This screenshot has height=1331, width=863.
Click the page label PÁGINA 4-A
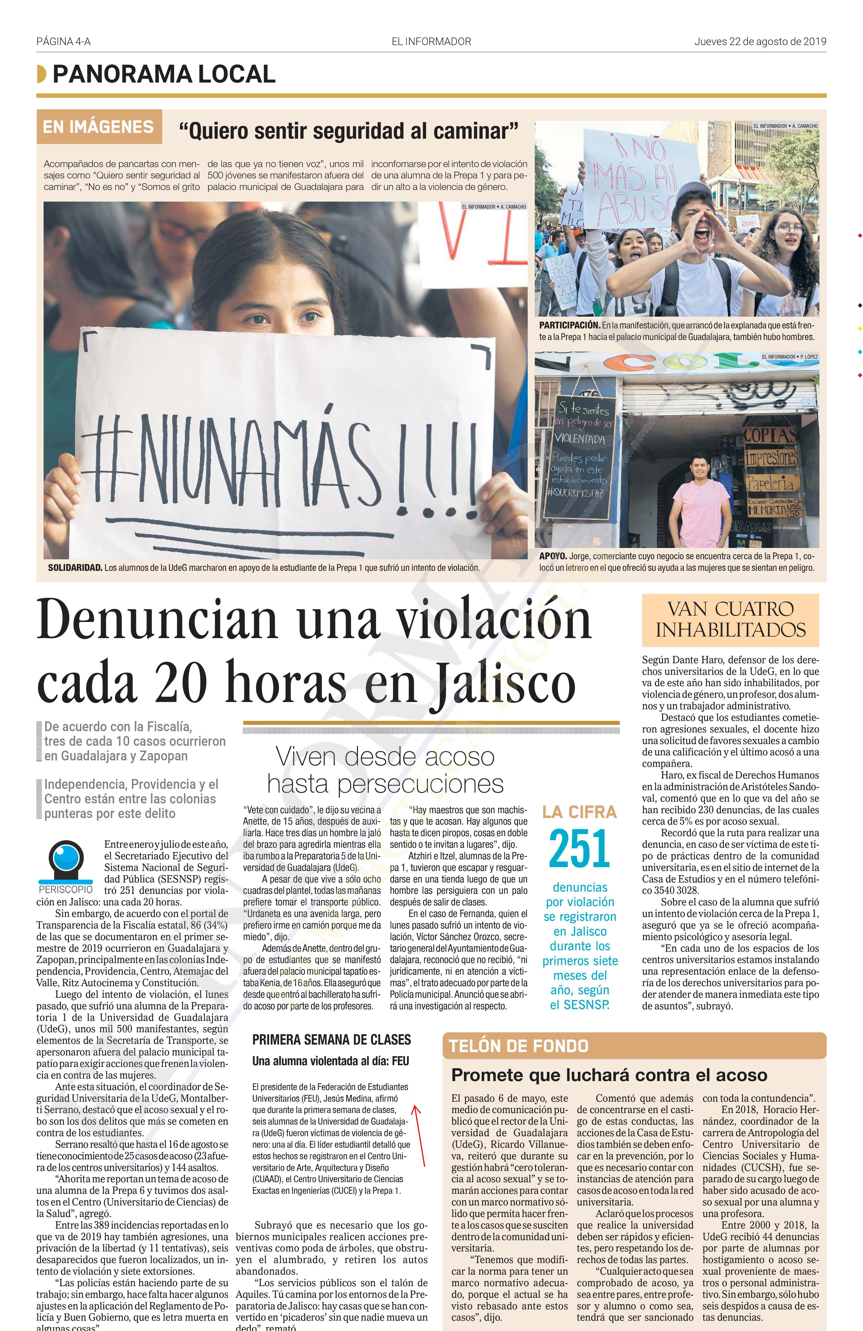63,41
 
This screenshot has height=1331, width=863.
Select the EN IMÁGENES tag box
98,127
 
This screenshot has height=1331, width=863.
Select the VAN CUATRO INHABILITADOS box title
730,620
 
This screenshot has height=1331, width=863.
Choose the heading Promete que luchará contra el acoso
609,1075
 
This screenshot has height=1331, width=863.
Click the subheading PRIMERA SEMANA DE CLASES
331,1040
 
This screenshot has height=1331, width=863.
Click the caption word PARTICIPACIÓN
569,325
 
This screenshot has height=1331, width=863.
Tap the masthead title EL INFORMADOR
431,41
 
